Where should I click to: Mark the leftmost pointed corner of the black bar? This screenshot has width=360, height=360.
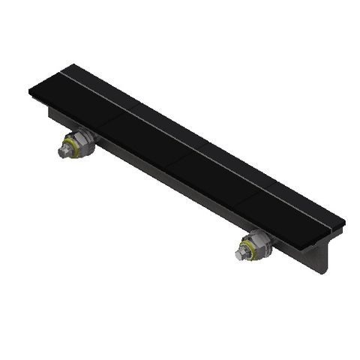point(29,91)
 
